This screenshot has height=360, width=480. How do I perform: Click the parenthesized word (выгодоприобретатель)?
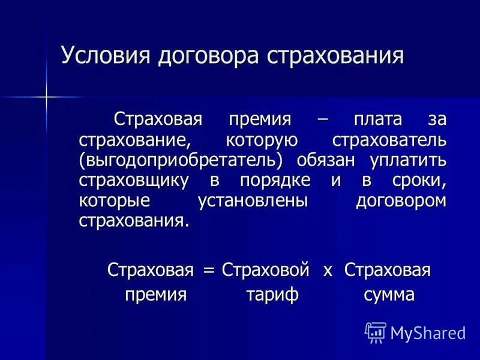pyautogui.click(x=182, y=160)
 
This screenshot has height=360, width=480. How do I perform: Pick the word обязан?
pyautogui.click(x=323, y=160)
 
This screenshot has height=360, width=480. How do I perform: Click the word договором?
pyautogui.click(x=401, y=201)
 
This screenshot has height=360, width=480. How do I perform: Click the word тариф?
pyautogui.click(x=272, y=295)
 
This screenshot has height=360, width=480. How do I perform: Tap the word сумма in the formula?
pyautogui.click(x=389, y=295)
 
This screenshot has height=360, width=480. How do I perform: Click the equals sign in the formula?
pyautogui.click(x=209, y=271)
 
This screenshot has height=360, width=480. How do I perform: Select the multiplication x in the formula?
pyautogui.click(x=328, y=271)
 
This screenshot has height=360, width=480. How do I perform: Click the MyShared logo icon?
pyautogui.click(x=376, y=332)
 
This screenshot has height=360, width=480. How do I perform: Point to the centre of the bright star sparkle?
pyautogui.click(x=46, y=96)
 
